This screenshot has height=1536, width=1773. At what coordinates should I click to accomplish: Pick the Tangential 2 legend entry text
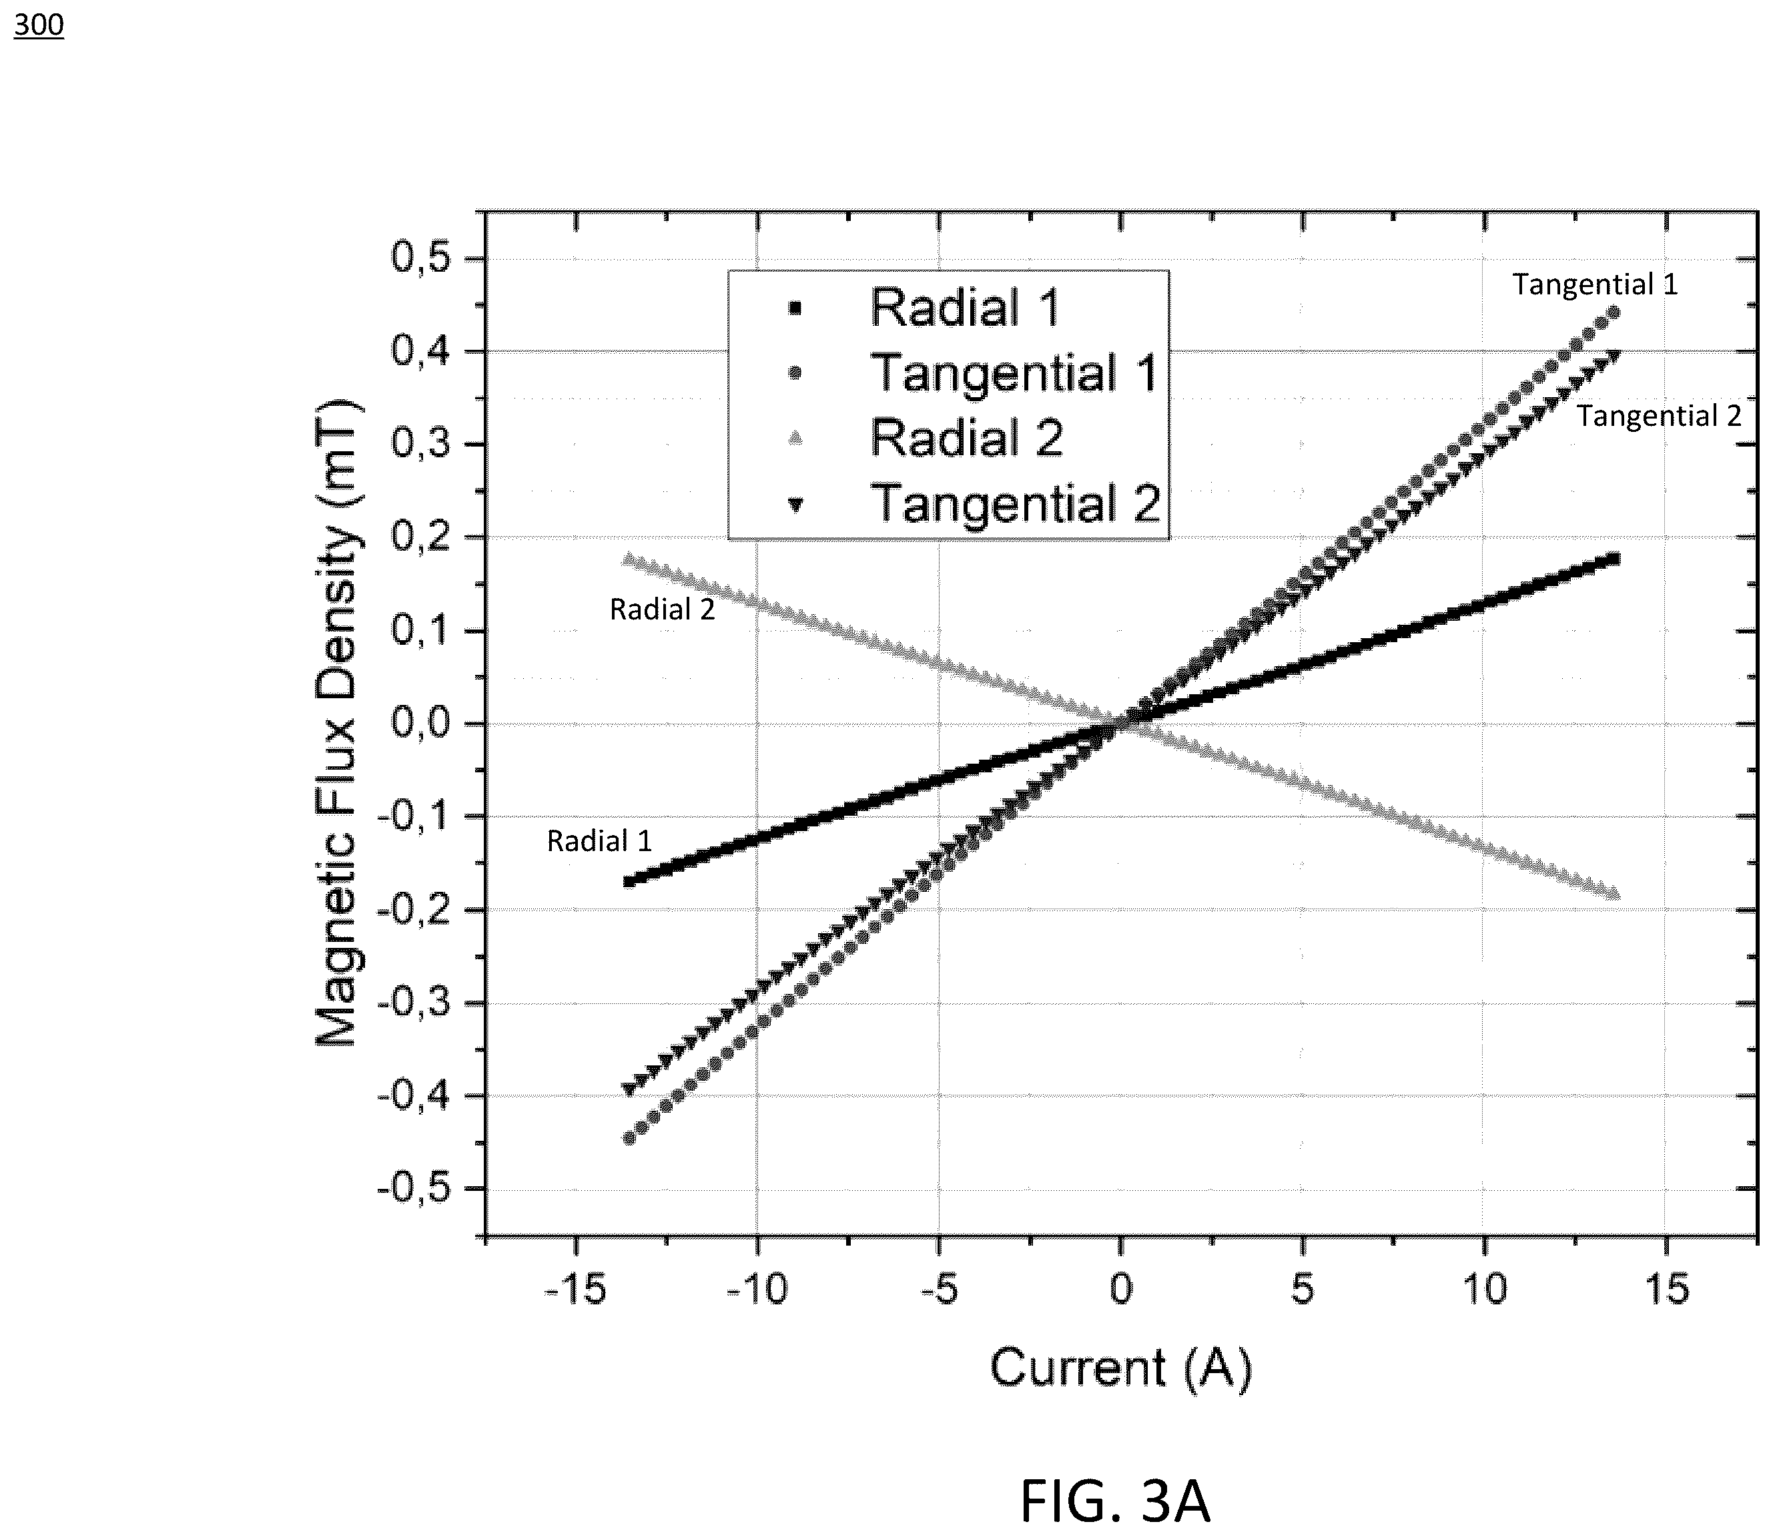point(1016,503)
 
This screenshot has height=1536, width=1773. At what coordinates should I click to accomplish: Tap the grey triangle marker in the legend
point(794,438)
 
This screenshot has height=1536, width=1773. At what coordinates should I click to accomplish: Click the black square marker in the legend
point(794,308)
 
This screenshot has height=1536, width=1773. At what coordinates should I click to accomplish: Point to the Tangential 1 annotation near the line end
point(1595,284)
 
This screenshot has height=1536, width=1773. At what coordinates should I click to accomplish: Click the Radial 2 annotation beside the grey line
point(661,609)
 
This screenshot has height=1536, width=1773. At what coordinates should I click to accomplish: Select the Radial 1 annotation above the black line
point(599,841)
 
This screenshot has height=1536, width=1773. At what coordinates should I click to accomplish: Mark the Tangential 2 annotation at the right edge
point(1659,417)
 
